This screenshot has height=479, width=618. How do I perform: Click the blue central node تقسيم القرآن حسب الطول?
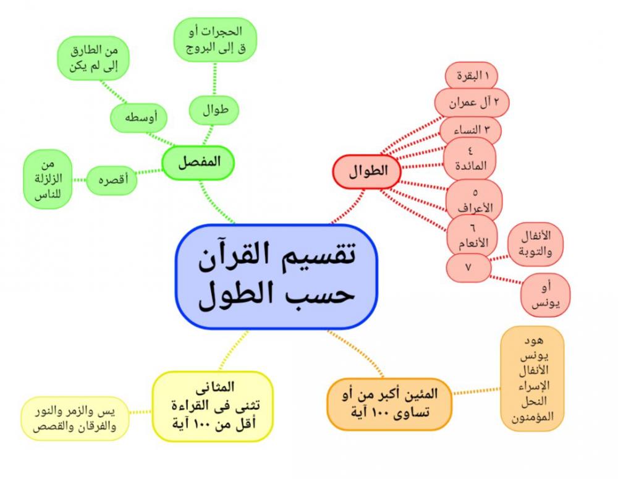(x=276, y=276)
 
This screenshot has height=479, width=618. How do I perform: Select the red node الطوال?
(x=367, y=171)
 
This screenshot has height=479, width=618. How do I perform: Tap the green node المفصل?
(x=198, y=163)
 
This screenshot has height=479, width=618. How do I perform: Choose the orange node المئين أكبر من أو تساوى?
(x=389, y=404)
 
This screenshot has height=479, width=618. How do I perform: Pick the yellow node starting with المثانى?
(x=213, y=406)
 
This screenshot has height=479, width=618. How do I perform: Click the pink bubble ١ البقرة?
(x=472, y=75)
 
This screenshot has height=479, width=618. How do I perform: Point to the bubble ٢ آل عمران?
(x=472, y=103)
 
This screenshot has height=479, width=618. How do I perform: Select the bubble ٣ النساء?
(x=470, y=130)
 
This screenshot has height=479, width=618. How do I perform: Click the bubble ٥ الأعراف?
(x=475, y=200)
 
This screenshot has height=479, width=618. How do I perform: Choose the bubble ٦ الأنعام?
(x=473, y=235)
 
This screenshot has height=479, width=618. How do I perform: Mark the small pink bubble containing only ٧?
(x=468, y=268)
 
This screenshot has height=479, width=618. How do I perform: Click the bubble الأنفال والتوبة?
(x=535, y=244)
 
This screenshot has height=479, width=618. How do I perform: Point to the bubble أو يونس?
(x=546, y=295)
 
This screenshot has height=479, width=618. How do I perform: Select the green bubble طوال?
(x=214, y=110)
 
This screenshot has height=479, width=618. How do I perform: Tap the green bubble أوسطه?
(x=138, y=117)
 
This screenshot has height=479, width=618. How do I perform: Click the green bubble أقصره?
(x=111, y=180)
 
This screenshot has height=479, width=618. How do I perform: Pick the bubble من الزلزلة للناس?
(x=48, y=179)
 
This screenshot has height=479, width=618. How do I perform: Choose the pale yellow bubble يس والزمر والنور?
(x=75, y=418)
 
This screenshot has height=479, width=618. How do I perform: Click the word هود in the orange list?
(x=534, y=340)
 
